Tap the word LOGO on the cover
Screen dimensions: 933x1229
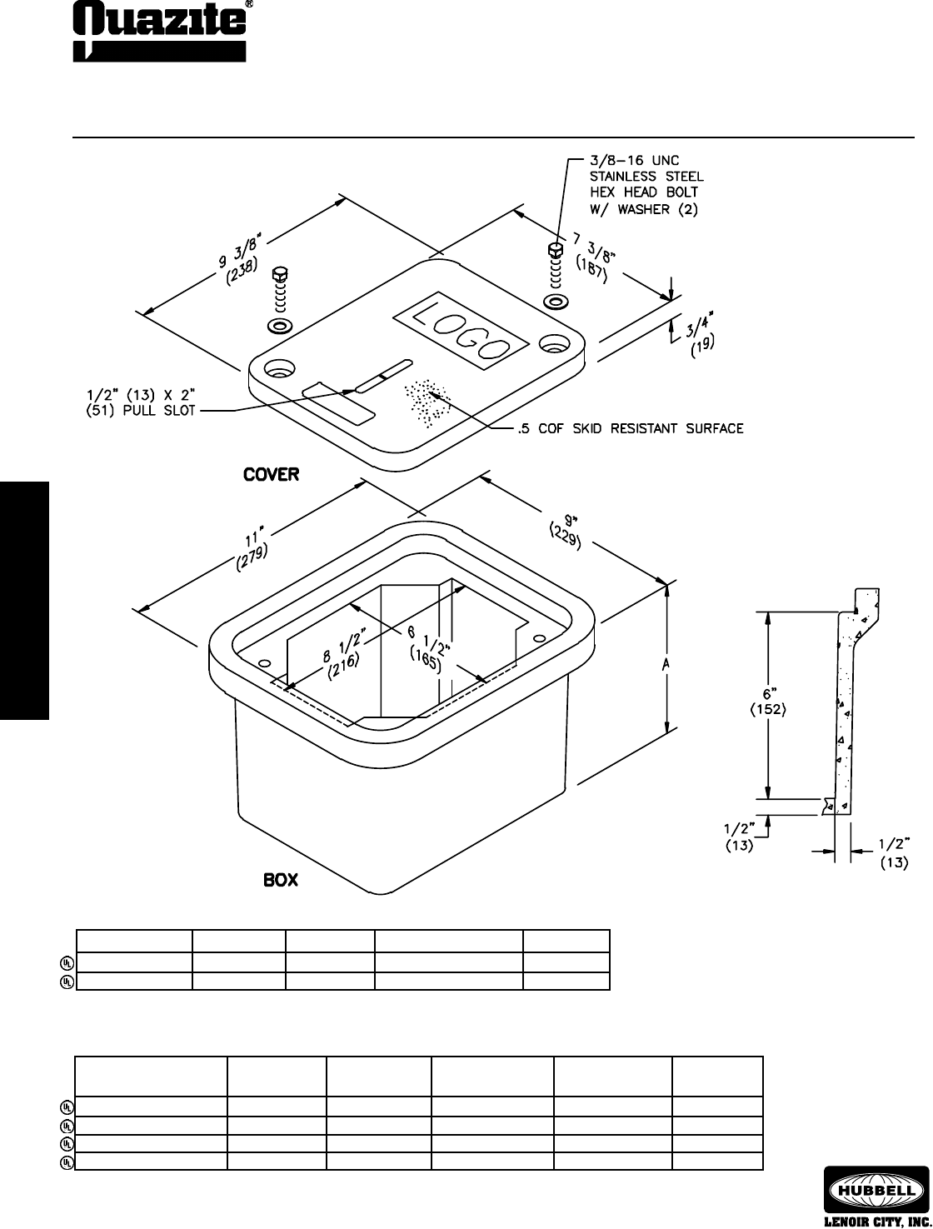(462, 334)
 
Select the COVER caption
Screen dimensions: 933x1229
(271, 475)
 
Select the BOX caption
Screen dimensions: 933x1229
(281, 880)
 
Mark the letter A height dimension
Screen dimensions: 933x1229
(666, 664)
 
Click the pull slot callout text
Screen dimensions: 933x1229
(141, 402)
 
